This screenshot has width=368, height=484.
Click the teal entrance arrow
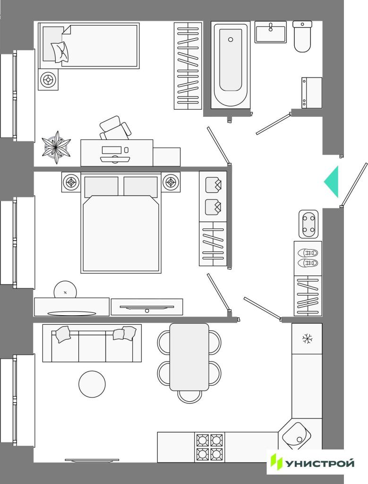333,181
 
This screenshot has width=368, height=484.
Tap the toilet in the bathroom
302,36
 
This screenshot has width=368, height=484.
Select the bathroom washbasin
271,32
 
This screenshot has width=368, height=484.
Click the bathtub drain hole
231,40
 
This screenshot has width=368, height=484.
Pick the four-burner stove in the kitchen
209,447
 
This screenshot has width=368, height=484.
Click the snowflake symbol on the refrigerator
307,338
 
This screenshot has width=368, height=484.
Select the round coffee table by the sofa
92,384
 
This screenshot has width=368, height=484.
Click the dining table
189,357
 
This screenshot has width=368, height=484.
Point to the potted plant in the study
56,147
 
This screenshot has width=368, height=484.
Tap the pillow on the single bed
60,51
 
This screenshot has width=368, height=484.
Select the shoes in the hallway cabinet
308,258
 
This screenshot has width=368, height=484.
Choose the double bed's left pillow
101,186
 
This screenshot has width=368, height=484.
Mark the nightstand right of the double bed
171,182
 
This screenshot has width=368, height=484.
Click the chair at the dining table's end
190,397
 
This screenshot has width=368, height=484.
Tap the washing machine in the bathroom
312,93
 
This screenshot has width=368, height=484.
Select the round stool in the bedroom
65,290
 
